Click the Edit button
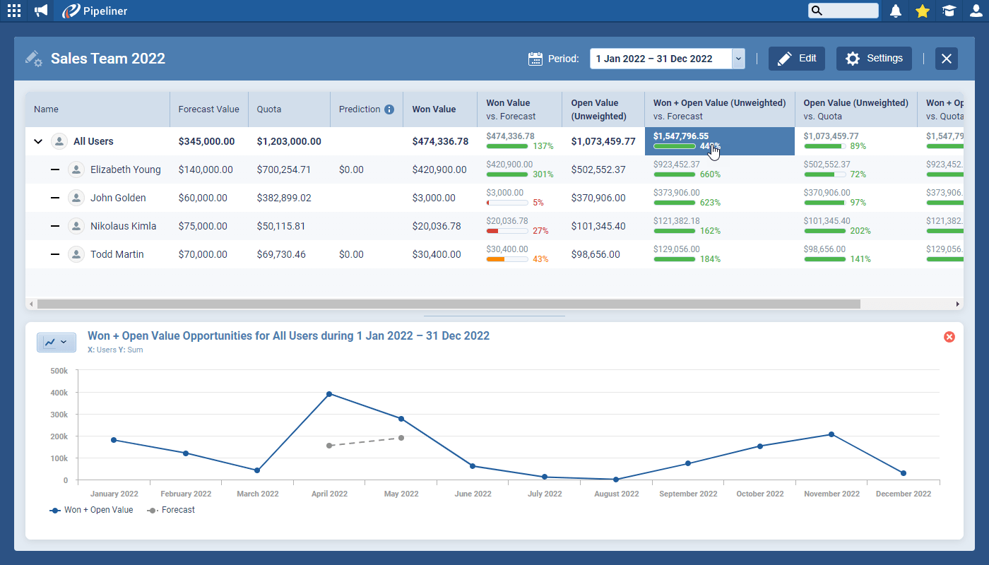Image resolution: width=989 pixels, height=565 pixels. click(x=796, y=59)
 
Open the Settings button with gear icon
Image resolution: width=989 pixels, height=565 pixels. click(x=874, y=59)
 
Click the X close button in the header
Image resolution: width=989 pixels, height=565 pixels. click(x=947, y=59)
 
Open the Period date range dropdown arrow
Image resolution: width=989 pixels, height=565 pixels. click(x=738, y=59)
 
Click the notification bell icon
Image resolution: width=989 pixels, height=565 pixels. click(x=896, y=11)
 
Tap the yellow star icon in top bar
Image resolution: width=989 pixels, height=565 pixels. click(x=922, y=11)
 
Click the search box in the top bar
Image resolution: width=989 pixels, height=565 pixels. click(x=843, y=11)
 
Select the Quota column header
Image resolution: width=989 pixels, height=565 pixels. click(x=269, y=109)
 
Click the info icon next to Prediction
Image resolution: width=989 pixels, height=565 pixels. click(x=389, y=109)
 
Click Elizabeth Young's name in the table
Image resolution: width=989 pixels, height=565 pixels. click(x=125, y=169)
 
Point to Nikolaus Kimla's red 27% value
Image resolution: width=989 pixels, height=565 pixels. click(x=540, y=231)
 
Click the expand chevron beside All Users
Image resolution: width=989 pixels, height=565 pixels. click(x=38, y=141)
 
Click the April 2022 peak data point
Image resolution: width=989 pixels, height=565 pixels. click(x=329, y=394)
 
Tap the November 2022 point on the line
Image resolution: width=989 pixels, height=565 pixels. click(x=831, y=434)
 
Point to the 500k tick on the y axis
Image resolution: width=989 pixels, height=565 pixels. click(x=59, y=371)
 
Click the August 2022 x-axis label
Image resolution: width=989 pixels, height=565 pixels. click(x=616, y=494)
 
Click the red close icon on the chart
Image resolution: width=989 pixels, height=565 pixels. click(x=949, y=337)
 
